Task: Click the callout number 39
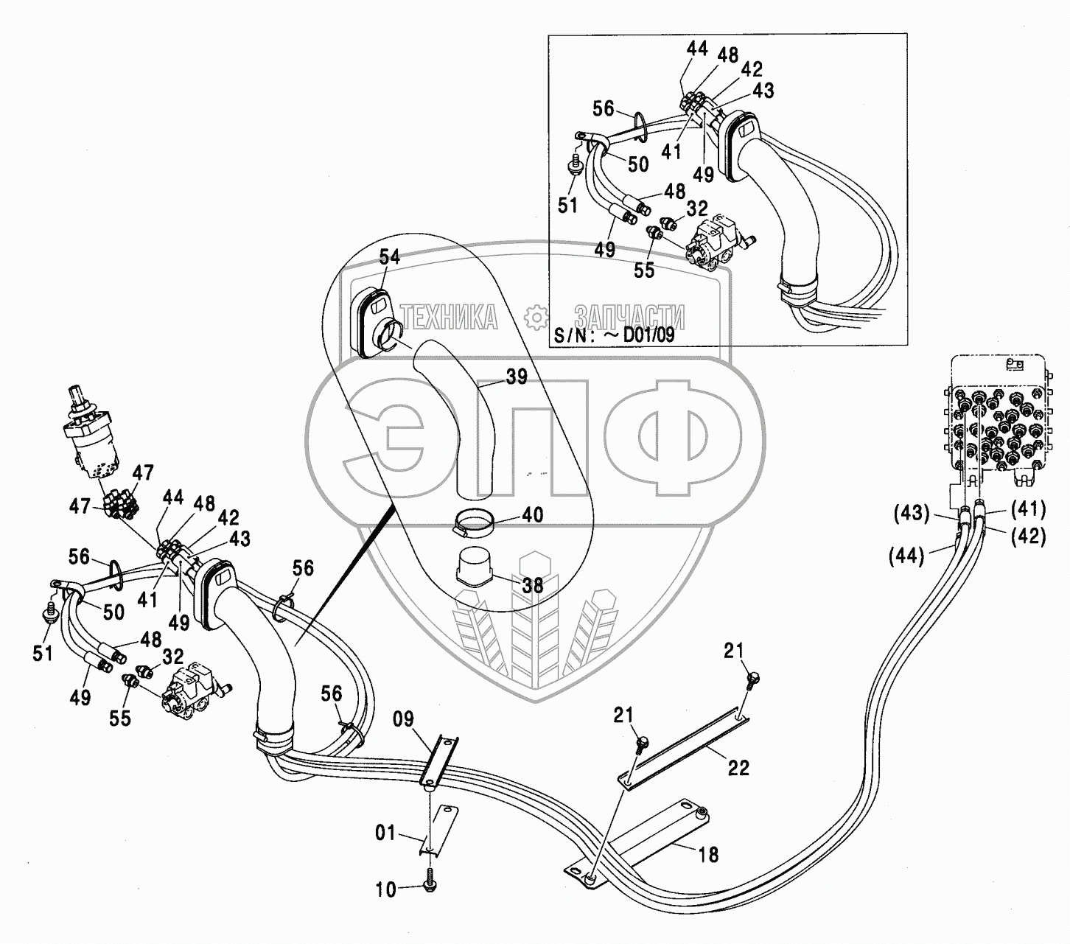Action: pos(517,377)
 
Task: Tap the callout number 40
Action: pos(532,514)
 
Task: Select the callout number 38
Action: pos(532,585)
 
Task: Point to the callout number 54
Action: pos(390,256)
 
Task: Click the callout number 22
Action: pos(738,768)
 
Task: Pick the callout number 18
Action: pos(708,854)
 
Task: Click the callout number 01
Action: pos(386,833)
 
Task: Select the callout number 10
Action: pos(385,889)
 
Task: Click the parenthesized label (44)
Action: pos(906,556)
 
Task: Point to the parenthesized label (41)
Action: pos(1028,508)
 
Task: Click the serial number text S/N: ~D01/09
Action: pos(614,335)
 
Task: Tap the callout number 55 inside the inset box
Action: pos(644,270)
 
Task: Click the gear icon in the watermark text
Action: pos(536,318)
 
